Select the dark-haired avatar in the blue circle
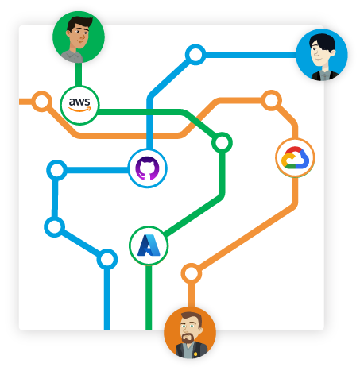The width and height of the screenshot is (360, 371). pos(322,55)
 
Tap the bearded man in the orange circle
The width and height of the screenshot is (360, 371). pos(190,333)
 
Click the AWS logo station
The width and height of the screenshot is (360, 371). pos(79,105)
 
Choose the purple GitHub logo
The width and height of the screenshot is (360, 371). pos(147,168)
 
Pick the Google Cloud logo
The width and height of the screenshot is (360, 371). pos(295,158)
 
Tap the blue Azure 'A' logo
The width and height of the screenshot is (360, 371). pos(149,245)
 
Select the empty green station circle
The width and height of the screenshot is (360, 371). pos(222,143)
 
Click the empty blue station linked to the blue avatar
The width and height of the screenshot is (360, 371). pos(195,55)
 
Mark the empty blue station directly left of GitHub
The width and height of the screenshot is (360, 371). pos(56,170)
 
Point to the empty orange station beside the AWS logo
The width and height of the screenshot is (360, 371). pos(41,102)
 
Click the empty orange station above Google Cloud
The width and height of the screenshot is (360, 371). pos(271,100)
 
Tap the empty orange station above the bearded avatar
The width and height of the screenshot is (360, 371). pos(192,273)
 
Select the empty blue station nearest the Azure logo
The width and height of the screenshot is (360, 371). pos(107,259)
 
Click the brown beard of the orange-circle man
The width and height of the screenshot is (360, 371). pos(188,338)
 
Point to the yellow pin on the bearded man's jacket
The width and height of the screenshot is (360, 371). pos(195,354)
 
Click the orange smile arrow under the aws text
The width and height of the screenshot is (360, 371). pos(79,109)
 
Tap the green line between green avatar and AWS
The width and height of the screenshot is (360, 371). pos(79,75)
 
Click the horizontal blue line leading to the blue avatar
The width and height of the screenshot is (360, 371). pos(250,55)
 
